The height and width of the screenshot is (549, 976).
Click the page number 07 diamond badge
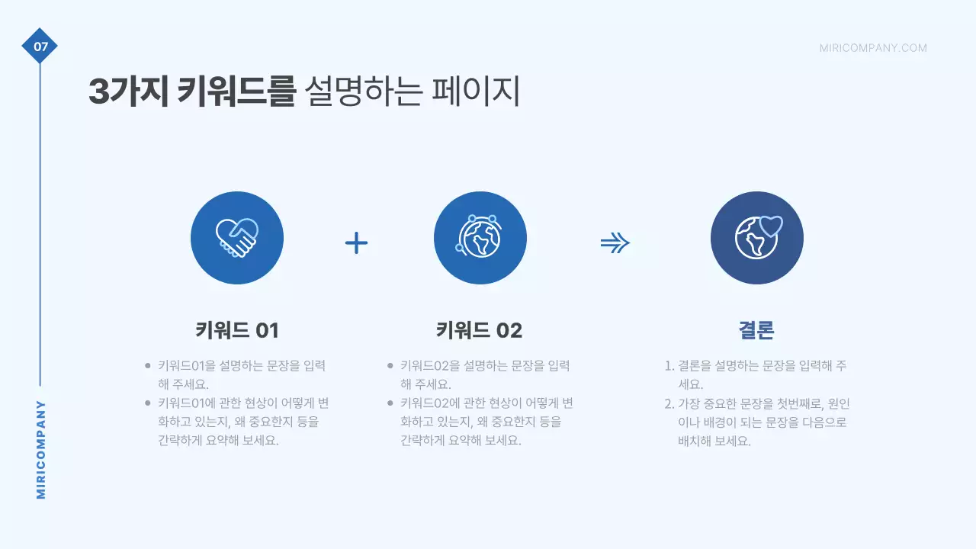tap(40, 47)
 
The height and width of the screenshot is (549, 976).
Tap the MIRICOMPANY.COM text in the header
tap(873, 48)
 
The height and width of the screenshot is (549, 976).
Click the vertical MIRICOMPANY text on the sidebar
tap(41, 450)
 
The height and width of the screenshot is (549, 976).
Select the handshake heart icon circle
tap(237, 238)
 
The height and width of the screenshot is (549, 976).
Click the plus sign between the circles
tap(356, 243)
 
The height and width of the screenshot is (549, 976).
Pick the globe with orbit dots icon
tap(480, 238)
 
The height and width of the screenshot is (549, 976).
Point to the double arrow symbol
tap(615, 243)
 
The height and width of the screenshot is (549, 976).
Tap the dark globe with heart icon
tap(756, 238)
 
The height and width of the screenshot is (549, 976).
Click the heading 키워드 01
tap(237, 330)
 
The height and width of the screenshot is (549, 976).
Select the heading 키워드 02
tap(479, 330)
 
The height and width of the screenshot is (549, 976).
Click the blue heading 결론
tap(756, 330)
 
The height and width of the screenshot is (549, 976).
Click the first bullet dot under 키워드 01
tap(147, 366)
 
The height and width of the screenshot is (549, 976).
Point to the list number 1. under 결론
tap(669, 366)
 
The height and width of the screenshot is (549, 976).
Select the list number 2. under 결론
tap(669, 403)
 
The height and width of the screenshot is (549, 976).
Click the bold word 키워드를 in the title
tap(236, 92)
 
